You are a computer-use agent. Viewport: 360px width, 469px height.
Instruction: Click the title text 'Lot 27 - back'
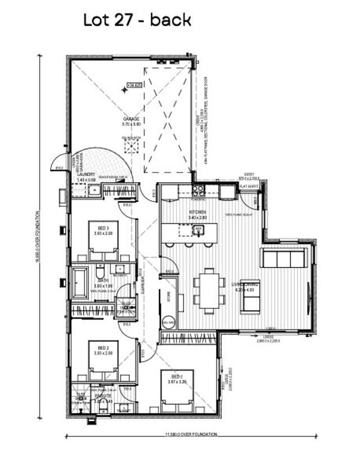[x=137, y=20]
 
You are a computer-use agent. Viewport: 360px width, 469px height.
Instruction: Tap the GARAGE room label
[x=130, y=119]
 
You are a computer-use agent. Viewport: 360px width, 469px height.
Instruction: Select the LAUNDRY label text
[x=87, y=174]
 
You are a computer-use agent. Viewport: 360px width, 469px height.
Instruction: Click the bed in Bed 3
[x=103, y=242]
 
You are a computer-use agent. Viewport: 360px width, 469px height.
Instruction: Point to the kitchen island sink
[x=199, y=229]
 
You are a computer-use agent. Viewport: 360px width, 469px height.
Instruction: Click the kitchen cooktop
[x=197, y=192]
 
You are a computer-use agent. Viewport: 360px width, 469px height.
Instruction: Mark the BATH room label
[x=103, y=280]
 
